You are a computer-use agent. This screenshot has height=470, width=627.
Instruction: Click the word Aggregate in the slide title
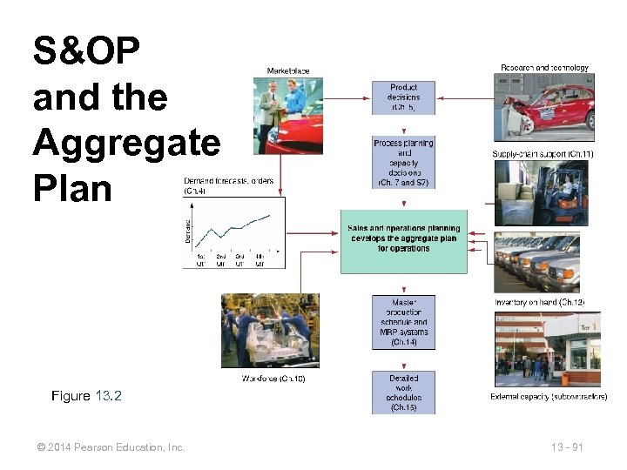[x=126, y=142]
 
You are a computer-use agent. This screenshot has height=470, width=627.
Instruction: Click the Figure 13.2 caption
[x=87, y=396]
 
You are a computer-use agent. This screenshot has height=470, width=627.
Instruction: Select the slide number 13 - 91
[x=567, y=446]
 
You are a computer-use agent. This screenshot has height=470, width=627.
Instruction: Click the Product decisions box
[x=403, y=98]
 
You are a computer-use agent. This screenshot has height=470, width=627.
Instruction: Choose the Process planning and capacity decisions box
[x=403, y=163]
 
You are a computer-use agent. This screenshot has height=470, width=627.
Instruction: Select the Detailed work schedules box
[x=403, y=393]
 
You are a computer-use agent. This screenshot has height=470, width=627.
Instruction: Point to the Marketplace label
[x=287, y=70]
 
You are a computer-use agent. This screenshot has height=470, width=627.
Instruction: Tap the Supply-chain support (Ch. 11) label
[x=543, y=154]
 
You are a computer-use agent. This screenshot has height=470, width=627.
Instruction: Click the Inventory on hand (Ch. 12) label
[x=546, y=302]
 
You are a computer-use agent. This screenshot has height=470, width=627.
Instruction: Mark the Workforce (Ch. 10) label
[x=273, y=378]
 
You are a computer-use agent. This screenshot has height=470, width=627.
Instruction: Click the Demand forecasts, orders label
[x=228, y=181]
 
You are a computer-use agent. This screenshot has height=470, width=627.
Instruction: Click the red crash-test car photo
[x=543, y=106]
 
